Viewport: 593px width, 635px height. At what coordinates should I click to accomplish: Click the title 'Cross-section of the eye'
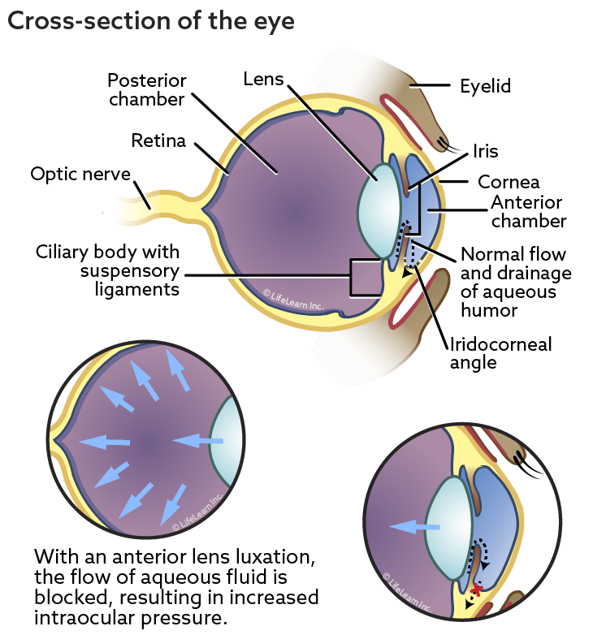(x=150, y=21)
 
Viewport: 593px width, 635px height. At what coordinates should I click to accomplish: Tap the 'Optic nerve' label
(x=80, y=174)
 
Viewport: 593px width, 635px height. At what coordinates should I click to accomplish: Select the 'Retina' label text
(x=158, y=141)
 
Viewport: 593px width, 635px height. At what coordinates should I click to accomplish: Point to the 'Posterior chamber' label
(x=147, y=90)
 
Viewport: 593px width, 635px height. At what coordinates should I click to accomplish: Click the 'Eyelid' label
(x=485, y=87)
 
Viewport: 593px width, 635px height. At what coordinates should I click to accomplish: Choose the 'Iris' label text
(x=485, y=152)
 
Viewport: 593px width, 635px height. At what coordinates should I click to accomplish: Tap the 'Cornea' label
(x=509, y=182)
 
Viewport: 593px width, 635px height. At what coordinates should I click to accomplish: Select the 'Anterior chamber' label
(x=528, y=211)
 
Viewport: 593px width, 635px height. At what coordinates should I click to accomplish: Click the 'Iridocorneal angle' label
(x=501, y=353)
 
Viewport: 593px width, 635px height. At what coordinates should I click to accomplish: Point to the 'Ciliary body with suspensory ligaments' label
(x=108, y=270)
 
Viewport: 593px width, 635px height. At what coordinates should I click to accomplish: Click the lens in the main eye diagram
(x=378, y=213)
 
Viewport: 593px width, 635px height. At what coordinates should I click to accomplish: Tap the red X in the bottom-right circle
(x=477, y=590)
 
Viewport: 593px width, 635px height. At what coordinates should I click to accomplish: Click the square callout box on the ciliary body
(x=366, y=278)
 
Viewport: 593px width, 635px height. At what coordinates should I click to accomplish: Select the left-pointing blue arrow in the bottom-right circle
(x=414, y=527)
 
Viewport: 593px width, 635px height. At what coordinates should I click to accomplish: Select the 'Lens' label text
(x=263, y=80)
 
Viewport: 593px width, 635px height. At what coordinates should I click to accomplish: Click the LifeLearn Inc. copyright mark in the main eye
(x=293, y=300)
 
